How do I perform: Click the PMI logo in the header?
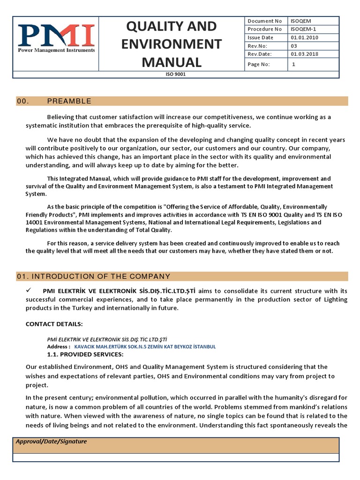[x=56, y=36]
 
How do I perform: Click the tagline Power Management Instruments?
[x=56, y=50]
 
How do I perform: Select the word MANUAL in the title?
[x=172, y=62]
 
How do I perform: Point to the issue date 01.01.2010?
[x=304, y=37]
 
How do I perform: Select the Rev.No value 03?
[x=294, y=46]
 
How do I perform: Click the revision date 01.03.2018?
[x=304, y=54]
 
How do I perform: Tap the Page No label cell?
[x=265, y=65]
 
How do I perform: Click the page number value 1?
[x=293, y=65]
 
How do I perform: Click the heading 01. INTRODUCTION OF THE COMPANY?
[x=93, y=276]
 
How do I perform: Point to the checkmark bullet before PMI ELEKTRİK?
[x=29, y=291]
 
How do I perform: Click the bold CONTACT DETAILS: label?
[x=54, y=324]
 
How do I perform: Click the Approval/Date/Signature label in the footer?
[x=51, y=442]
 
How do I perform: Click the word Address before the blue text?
[x=58, y=346]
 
